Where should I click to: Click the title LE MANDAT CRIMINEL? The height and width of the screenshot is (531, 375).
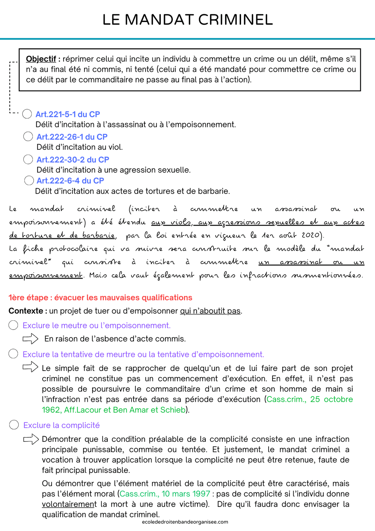(x=187, y=20)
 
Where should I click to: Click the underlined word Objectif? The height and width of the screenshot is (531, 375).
(x=41, y=59)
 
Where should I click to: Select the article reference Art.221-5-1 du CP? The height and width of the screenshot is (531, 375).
(x=68, y=114)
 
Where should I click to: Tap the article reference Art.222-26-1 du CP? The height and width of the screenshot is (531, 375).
(x=72, y=137)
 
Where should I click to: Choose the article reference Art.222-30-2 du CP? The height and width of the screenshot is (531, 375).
(x=73, y=160)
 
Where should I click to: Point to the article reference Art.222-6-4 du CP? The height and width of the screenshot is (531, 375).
(x=70, y=181)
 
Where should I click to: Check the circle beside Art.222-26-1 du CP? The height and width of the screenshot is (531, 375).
(x=28, y=136)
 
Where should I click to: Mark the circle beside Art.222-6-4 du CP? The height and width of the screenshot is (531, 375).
(x=29, y=181)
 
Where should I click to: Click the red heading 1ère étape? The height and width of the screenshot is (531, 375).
(x=100, y=298)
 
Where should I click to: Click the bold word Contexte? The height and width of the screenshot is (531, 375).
(x=26, y=311)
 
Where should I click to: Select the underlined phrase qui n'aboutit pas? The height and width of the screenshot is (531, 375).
(x=210, y=311)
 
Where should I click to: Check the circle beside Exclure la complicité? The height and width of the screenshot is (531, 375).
(x=14, y=425)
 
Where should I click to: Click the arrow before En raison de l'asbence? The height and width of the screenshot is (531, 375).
(x=30, y=339)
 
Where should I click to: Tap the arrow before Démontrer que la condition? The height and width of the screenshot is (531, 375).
(x=31, y=439)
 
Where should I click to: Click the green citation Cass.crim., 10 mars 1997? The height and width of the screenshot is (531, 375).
(x=165, y=494)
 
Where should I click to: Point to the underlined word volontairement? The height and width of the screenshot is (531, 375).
(x=69, y=504)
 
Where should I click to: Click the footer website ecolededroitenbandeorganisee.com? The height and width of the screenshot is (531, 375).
(x=185, y=522)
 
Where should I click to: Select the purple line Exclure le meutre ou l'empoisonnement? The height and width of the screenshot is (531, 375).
(x=96, y=325)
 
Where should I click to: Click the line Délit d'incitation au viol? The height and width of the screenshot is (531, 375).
(x=80, y=147)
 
